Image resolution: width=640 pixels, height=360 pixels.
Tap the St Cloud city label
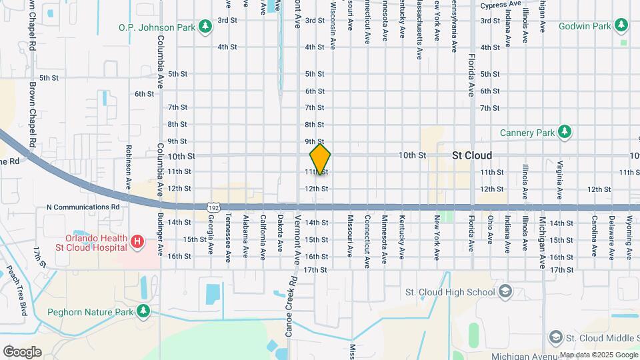coord(472,155)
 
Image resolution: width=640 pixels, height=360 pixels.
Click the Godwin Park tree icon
coord(622,25)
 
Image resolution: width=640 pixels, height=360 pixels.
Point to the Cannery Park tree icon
coord(565,131)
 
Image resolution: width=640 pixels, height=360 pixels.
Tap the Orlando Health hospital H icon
coord(137,241)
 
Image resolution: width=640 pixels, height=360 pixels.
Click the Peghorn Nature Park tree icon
coord(143,311)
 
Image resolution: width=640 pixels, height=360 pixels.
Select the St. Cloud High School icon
coord(506,292)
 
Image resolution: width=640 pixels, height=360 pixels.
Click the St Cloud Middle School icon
coord(555,338)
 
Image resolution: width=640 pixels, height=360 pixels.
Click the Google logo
coord(22,351)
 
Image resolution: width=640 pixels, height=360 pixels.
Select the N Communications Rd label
coord(83,207)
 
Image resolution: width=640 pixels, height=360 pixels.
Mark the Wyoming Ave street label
coord(628,237)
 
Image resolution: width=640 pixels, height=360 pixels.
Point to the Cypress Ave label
coord(501,4)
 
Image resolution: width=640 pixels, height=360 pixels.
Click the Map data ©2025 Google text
coord(599,355)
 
